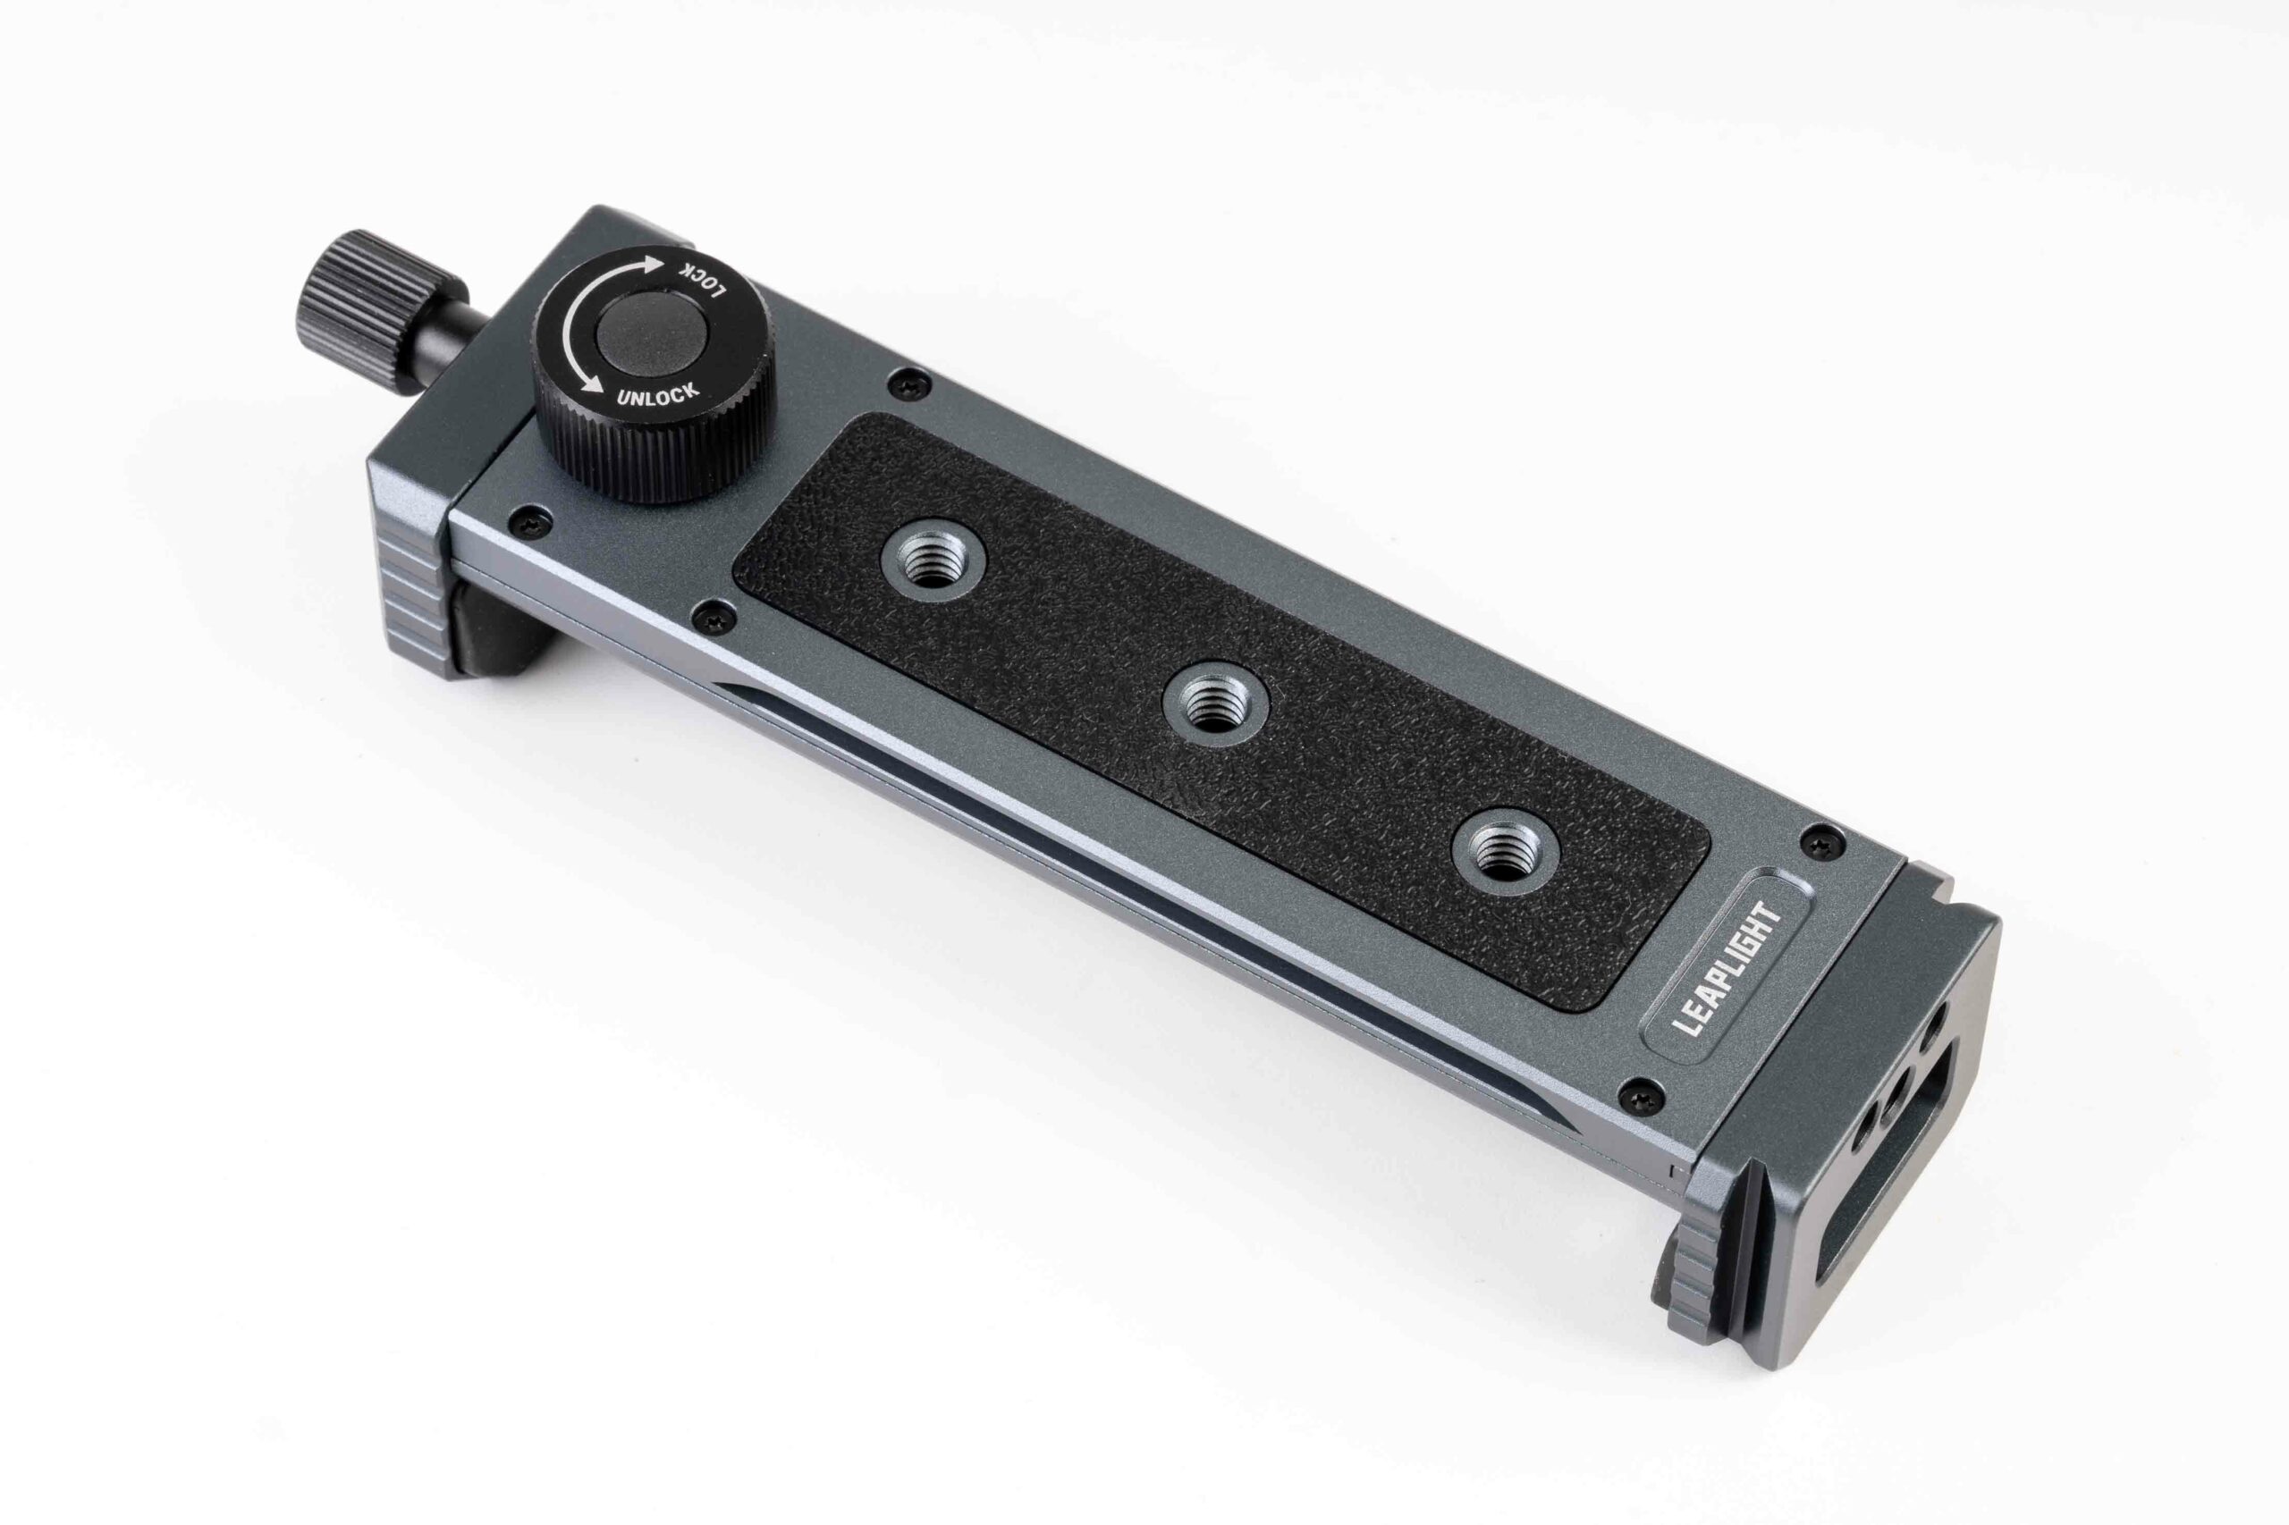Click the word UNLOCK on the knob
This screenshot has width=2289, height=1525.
click(659, 387)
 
